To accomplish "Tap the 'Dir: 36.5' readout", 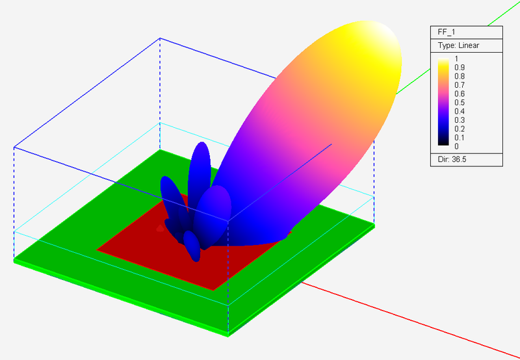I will click(452, 159).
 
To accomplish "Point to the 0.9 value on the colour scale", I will click(460, 67).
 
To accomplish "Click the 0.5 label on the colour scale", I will click(460, 102).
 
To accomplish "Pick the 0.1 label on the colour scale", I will click(460, 137).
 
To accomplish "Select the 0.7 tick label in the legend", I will click(460, 84).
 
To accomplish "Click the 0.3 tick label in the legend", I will click(460, 120).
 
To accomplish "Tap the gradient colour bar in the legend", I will click(443, 102).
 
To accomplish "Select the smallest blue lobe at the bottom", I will click(192, 246).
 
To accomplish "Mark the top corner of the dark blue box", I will click(160, 38).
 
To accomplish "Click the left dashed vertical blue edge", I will click(14, 201).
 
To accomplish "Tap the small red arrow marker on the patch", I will click(161, 228).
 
